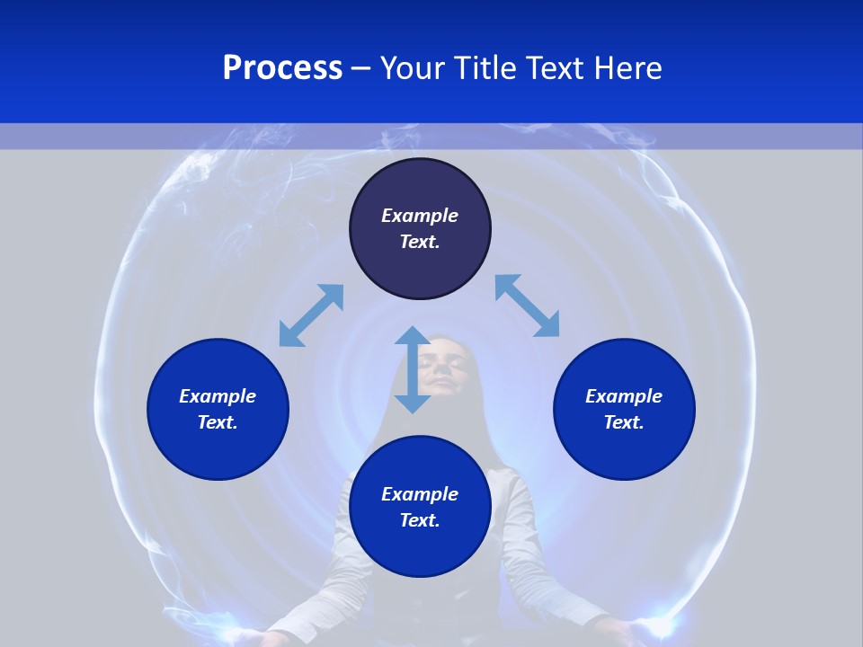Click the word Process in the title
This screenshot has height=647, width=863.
282,68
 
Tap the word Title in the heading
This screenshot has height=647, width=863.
486,68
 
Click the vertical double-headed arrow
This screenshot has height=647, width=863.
413,369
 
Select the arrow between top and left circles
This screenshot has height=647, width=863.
311,315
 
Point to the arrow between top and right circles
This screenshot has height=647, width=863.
527,306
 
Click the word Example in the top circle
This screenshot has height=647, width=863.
420,216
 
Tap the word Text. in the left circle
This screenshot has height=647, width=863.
218,422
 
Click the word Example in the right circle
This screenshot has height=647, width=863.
624,396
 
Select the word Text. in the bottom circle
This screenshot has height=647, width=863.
420,520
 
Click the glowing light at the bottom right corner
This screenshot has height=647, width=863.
661,625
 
